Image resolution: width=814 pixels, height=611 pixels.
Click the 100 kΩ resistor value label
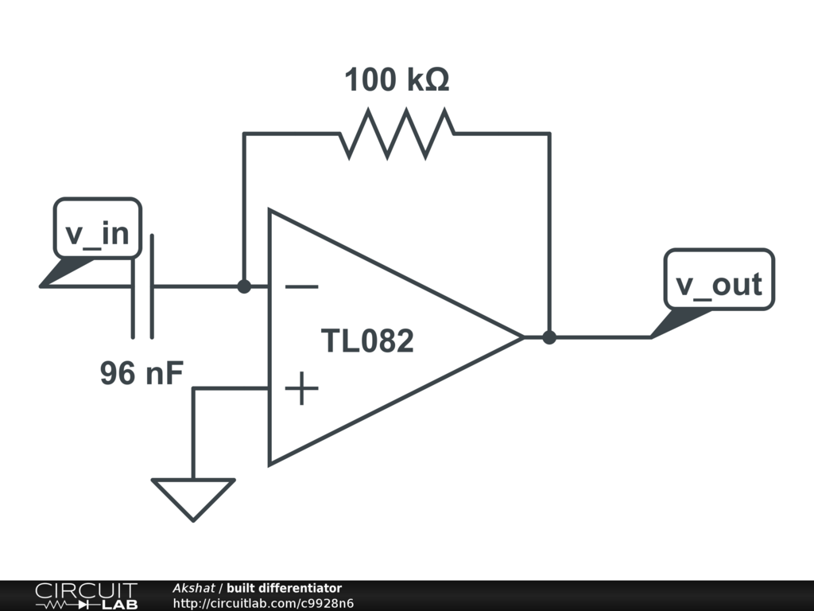click(x=397, y=80)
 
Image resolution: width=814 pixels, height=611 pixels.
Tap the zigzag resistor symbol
click(x=397, y=134)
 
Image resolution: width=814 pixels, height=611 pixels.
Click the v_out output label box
click(x=719, y=284)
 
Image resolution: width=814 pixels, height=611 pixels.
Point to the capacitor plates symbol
click(x=142, y=286)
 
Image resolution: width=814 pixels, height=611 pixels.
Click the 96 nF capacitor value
click(x=142, y=372)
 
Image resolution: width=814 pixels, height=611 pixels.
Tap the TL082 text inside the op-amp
click(x=367, y=341)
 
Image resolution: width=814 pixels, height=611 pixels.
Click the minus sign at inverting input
click(x=301, y=287)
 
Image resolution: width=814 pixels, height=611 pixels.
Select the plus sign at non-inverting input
click(x=301, y=389)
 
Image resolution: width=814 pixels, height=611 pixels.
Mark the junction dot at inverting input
click(x=244, y=286)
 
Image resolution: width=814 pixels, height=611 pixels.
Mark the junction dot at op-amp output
click(x=549, y=337)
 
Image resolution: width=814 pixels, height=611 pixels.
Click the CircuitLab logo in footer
click(x=86, y=596)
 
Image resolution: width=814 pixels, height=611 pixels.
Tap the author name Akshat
click(x=194, y=589)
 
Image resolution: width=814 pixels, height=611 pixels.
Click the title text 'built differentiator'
click(x=284, y=589)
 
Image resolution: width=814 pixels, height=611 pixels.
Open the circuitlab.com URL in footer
click(x=263, y=603)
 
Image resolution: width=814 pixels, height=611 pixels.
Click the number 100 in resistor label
click(x=370, y=80)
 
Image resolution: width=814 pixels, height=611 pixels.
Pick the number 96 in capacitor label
click(x=117, y=372)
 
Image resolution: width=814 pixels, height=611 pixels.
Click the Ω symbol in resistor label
click(x=436, y=80)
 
